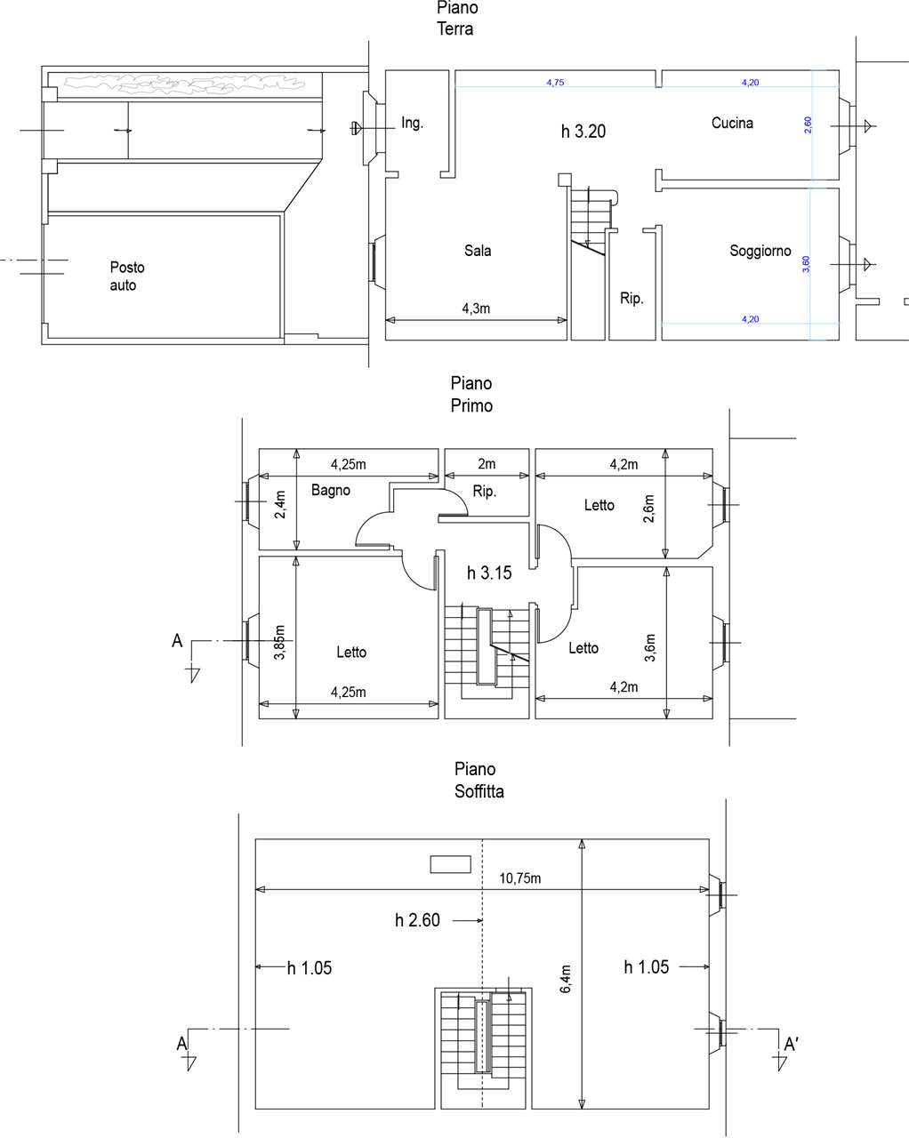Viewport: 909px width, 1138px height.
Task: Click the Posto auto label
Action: [x=127, y=276]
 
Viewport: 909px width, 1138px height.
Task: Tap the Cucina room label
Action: [x=732, y=124]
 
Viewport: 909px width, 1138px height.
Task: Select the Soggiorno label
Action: [x=760, y=251]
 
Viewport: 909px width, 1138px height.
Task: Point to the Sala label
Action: [x=478, y=251]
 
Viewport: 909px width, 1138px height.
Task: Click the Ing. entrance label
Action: [x=412, y=124]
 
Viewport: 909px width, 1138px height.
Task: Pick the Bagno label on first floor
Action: [x=330, y=491]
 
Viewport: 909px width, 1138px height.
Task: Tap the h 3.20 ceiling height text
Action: [x=583, y=132]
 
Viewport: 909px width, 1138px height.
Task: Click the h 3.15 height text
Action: [x=489, y=573]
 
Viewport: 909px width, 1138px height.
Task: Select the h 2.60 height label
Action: [x=417, y=921]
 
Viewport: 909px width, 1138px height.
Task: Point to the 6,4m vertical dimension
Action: [x=565, y=979]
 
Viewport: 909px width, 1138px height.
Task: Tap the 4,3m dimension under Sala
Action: [x=476, y=309]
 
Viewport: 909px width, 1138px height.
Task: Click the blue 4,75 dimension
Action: [x=555, y=83]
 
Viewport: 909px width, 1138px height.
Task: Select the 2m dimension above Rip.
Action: [x=487, y=464]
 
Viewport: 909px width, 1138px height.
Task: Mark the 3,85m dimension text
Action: [x=279, y=643]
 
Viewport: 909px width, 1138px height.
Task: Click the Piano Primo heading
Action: [x=471, y=394]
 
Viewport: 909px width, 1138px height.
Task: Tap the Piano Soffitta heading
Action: [x=479, y=780]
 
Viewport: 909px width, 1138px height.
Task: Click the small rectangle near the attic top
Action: [x=450, y=864]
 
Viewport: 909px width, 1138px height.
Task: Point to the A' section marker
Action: [x=791, y=1045]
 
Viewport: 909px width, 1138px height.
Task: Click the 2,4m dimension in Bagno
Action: [x=280, y=504]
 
